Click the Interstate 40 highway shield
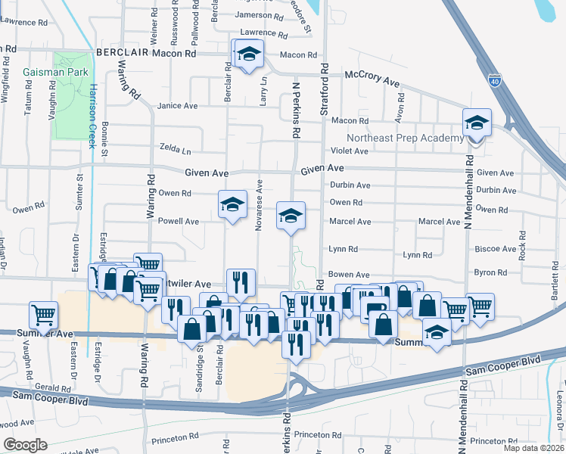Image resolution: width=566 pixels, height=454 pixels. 495,79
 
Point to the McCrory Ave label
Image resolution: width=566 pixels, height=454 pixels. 372,79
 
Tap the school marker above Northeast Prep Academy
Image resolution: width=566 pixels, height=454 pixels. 477,123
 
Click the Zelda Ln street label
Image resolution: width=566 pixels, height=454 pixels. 175,148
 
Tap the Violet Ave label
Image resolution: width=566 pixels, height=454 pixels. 349,151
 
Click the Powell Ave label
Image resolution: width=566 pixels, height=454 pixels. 178,222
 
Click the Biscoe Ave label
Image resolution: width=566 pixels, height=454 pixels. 495,248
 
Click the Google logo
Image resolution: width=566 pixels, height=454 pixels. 26,445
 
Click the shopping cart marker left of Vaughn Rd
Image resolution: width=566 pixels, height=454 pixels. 43,314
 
